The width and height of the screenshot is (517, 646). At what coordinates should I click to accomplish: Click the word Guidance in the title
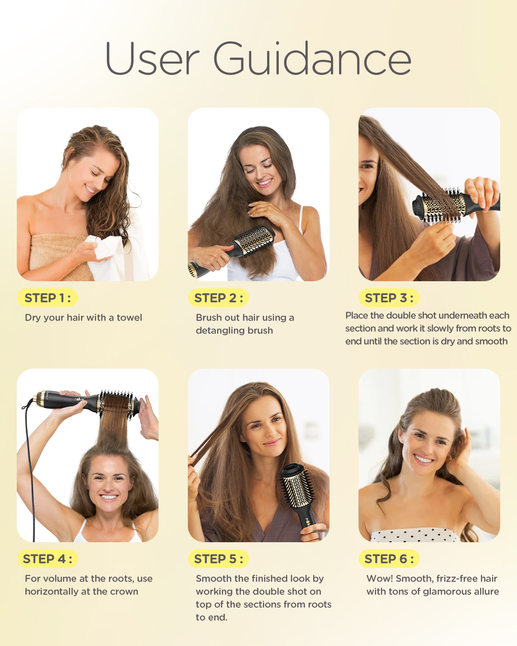pos(312,58)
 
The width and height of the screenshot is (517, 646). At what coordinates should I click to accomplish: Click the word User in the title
pos(152,58)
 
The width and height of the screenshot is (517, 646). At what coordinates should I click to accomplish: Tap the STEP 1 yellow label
pos(47,298)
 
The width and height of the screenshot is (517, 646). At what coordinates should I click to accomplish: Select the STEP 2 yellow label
pos(218,298)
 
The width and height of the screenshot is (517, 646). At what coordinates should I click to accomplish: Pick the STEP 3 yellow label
pos(389,298)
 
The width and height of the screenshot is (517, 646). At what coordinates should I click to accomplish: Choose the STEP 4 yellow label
pos(47,559)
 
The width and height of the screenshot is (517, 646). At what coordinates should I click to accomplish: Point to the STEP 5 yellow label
pos(218,559)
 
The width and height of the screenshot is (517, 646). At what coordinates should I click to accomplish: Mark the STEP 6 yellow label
pos(389,559)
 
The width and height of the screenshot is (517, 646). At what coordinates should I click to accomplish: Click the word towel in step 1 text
pos(129,317)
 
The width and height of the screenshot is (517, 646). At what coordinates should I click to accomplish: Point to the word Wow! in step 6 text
pos(380,578)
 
